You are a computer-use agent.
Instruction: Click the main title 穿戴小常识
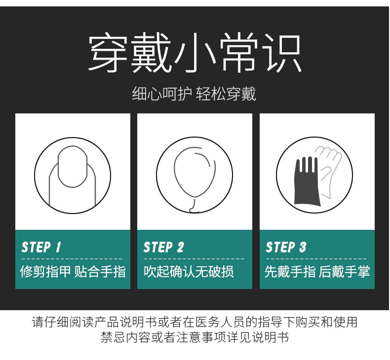point(195,52)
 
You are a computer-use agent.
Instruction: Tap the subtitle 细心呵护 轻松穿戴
point(194,94)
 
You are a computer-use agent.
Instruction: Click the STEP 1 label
point(41,247)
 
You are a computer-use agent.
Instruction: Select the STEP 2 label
point(164,247)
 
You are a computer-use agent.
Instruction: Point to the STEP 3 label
point(286,247)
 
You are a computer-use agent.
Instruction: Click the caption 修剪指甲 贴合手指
point(73,271)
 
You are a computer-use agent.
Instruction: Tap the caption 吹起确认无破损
point(189,271)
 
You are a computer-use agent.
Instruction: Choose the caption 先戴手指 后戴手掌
point(317,271)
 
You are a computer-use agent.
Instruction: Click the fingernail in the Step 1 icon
point(73,167)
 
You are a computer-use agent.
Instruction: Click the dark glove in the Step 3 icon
point(307,182)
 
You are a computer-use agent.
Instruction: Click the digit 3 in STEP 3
point(303,247)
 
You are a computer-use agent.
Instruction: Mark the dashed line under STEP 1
point(72,259)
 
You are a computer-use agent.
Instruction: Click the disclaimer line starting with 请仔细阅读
point(195,322)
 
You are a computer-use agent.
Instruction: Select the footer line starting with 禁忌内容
point(195,337)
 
